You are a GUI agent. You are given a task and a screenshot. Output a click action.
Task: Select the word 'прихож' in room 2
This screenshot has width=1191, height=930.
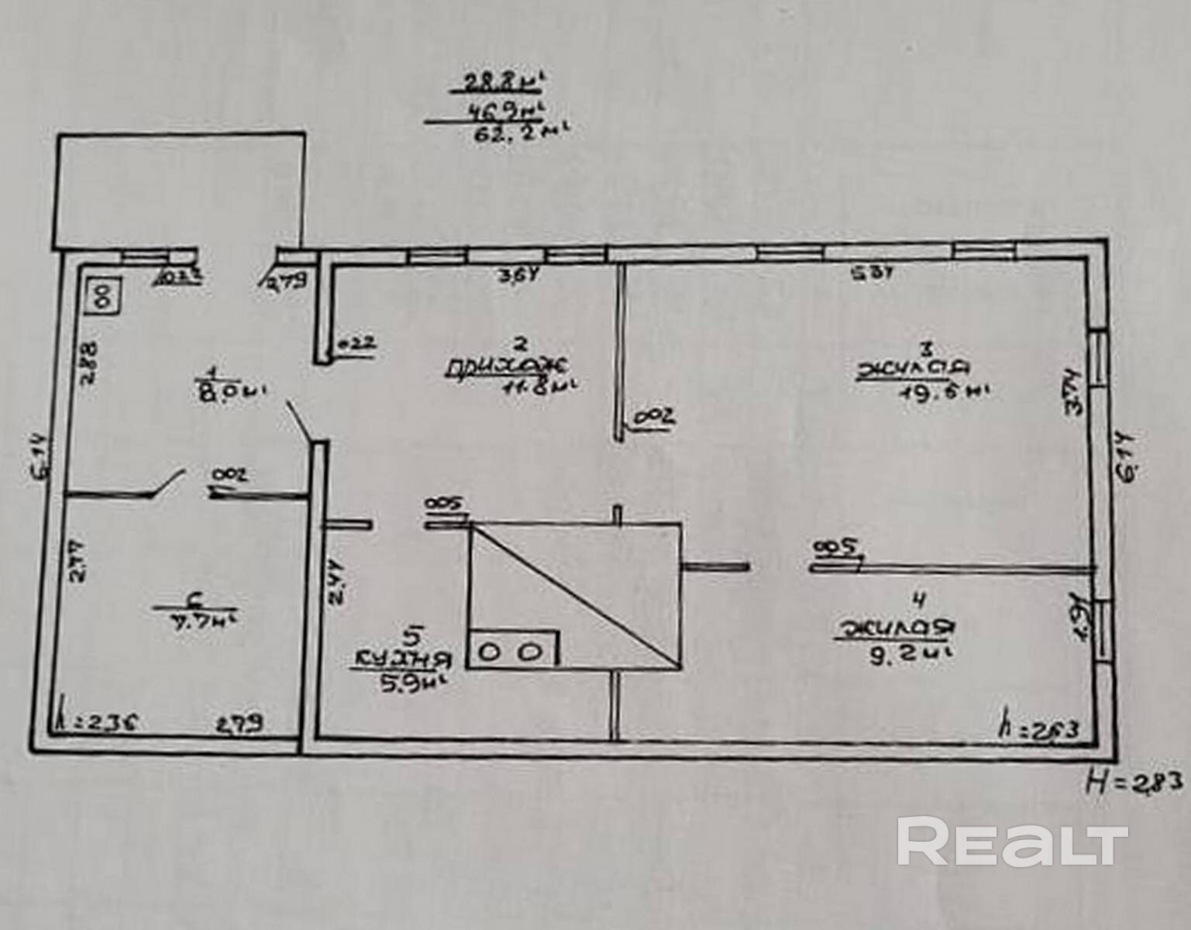(508, 366)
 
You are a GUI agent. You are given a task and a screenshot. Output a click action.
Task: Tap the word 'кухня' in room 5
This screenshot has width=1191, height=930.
(402, 660)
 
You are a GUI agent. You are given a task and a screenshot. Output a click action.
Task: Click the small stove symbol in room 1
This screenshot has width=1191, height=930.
(103, 294)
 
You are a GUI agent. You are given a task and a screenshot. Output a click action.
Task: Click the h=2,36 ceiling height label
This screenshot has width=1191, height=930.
(98, 723)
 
